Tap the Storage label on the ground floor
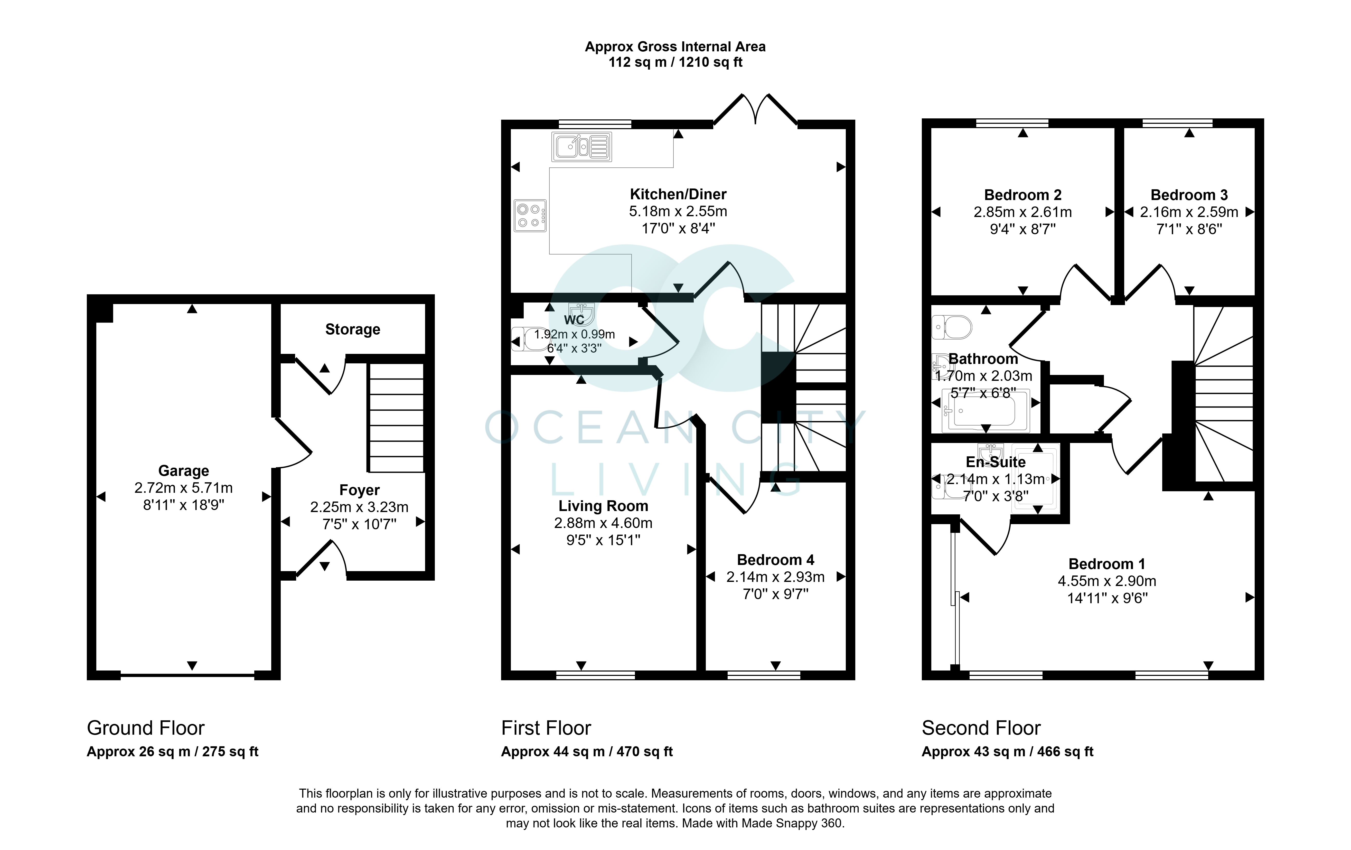coord(353,329)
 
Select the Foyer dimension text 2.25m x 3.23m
coord(359,507)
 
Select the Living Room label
coord(603,506)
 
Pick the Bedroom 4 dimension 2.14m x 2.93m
coord(775,577)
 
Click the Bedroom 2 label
coord(1023,195)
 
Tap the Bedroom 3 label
coord(1189,195)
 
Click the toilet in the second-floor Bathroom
coord(952,327)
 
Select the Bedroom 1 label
coord(1106,564)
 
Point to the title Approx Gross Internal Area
coord(675,46)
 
